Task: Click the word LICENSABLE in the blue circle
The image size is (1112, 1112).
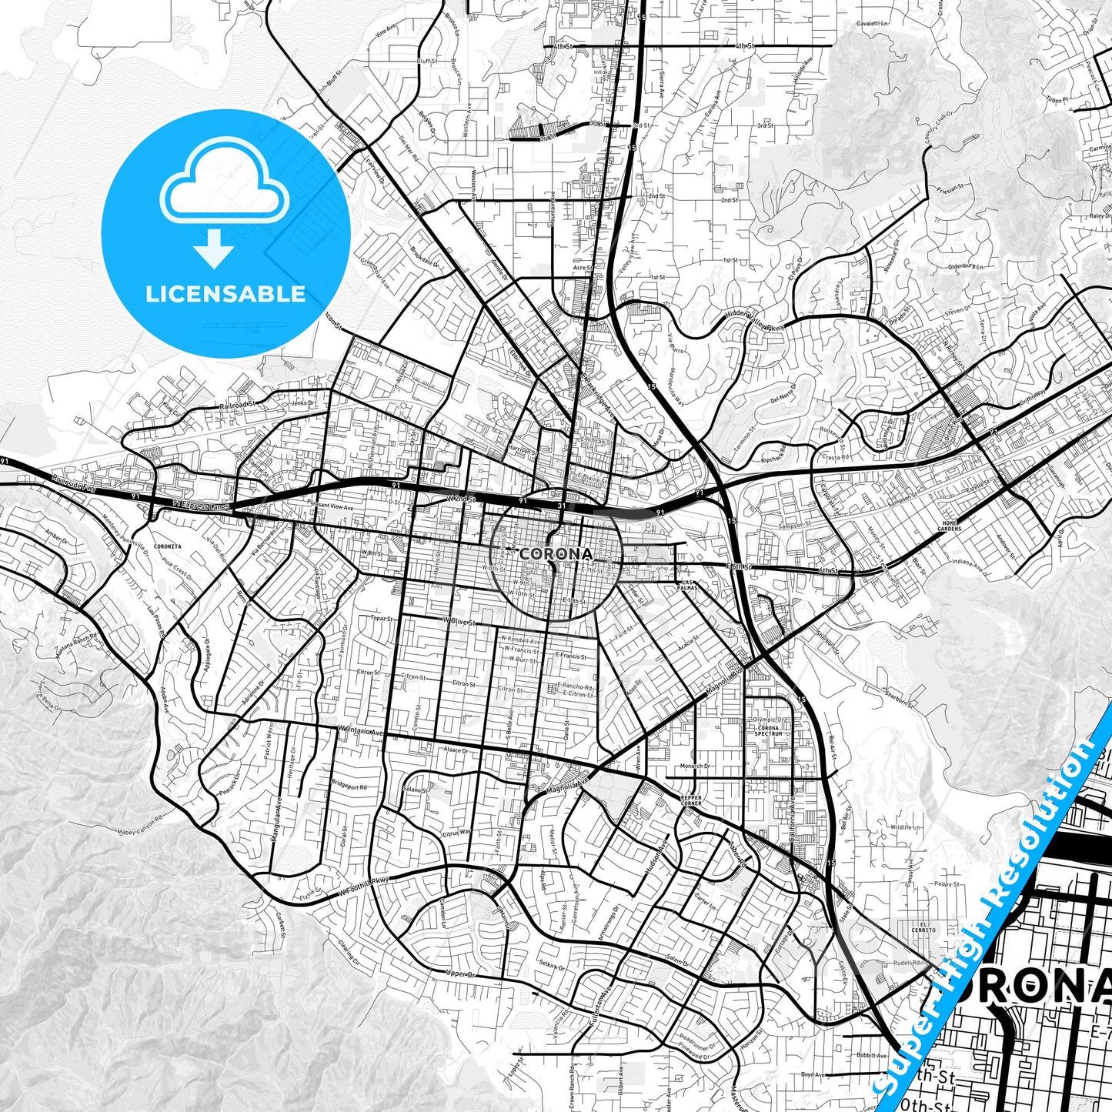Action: pos(225,294)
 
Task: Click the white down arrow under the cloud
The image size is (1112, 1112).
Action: pos(214,248)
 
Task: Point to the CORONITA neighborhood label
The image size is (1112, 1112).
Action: pos(167,546)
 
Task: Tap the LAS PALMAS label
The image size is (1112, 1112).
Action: pos(687,584)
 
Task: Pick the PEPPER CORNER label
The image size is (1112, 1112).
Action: pos(690,800)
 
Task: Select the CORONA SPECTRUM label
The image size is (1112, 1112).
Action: pos(768,730)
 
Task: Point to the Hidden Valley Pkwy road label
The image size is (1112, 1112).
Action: pos(755,321)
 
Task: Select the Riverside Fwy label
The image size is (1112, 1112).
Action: pos(72,483)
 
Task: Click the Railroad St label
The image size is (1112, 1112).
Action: pos(236,405)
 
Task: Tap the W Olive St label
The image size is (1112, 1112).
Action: pos(459,619)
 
